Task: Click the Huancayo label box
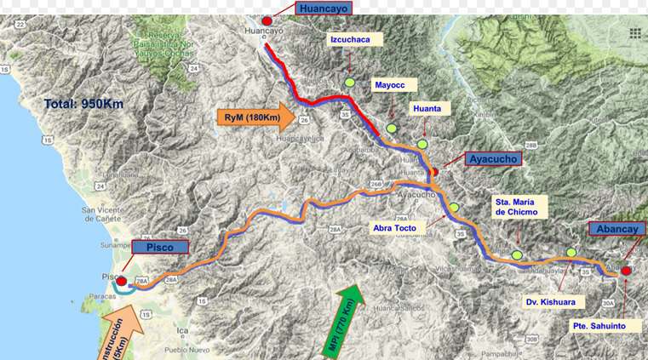322,9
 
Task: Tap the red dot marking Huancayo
267,20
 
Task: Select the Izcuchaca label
355,39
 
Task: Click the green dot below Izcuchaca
349,82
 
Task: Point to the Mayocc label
394,84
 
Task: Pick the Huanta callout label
427,108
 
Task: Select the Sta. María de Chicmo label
516,207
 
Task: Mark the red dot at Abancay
626,271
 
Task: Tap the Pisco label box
159,247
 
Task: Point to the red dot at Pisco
122,281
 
